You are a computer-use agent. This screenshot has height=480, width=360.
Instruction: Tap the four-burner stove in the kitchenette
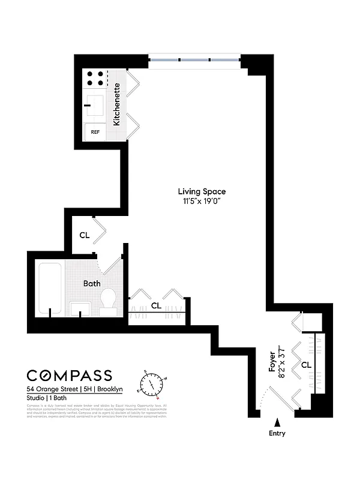tap(95, 79)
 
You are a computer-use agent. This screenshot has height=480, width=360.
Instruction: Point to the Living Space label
tap(202, 191)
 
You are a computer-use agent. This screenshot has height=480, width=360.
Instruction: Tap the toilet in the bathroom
tap(109, 301)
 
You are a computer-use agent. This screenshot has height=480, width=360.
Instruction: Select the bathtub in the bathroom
tap(51, 288)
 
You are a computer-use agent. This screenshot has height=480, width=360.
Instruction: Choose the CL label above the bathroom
tap(85, 235)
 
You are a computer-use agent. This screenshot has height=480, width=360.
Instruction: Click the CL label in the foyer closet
tap(306, 364)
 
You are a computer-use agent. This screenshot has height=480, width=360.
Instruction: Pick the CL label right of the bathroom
tap(157, 305)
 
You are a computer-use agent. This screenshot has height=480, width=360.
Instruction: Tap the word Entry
tap(277, 433)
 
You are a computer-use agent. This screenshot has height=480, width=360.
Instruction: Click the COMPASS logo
tap(69, 376)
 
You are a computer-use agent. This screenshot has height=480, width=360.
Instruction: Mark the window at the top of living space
tap(194, 60)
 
